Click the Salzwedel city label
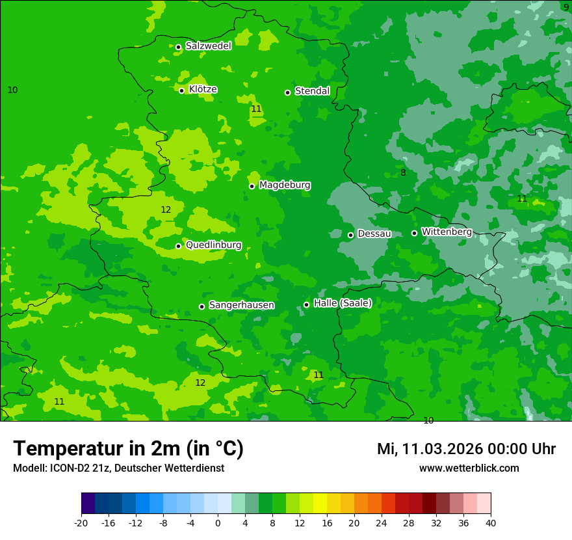tap(208, 46)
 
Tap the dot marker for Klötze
tap(182, 90)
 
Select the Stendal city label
tap(312, 91)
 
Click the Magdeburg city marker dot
tap(252, 186)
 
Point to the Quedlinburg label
tap(213, 245)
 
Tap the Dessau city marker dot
tap(351, 235)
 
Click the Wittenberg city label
tap(447, 232)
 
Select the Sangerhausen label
tap(241, 305)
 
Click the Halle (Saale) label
tap(343, 303)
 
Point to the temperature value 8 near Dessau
tap(403, 172)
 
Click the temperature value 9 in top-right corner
tap(565, 7)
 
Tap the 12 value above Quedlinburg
tap(166, 209)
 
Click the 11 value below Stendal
tap(256, 109)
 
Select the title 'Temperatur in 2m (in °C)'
tap(128, 448)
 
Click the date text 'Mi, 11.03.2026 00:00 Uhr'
tap(466, 449)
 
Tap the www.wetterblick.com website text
tap(469, 468)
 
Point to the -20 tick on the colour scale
tap(81, 522)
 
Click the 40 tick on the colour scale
tap(491, 522)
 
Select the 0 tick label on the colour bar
tap(218, 522)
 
